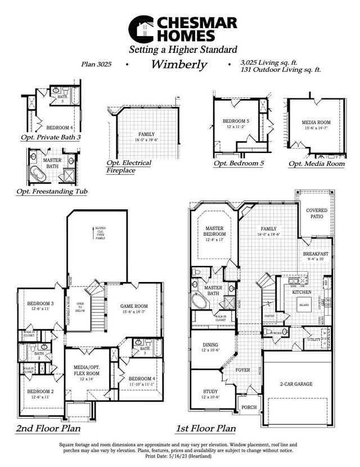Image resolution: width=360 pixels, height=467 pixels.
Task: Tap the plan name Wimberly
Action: [179, 64]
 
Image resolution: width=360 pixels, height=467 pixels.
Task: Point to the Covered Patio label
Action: [317, 213]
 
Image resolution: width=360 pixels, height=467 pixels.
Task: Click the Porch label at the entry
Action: [248, 407]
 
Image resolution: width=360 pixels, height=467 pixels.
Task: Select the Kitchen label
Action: [301, 293]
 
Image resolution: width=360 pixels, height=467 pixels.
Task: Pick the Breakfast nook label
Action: [316, 254]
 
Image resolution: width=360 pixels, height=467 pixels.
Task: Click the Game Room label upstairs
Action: [134, 307]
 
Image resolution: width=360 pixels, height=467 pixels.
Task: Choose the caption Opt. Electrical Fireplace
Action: [129, 166]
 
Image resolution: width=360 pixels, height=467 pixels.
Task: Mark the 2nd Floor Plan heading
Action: [48, 429]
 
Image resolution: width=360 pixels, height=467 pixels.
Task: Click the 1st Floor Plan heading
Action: [206, 429]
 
